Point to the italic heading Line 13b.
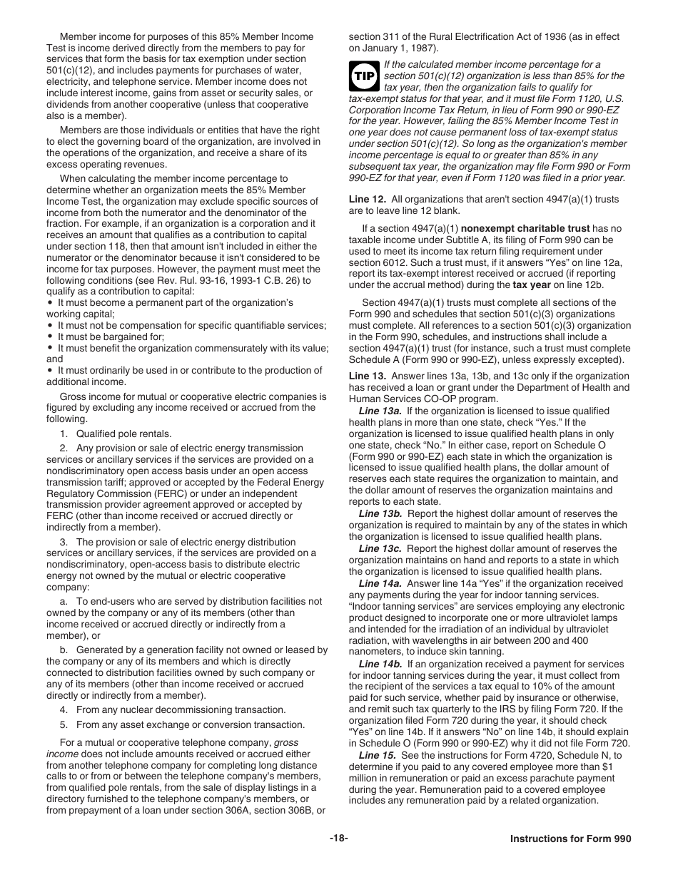tap(380, 514)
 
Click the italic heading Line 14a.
tap(380, 583)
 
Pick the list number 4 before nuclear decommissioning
tap(64, 709)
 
